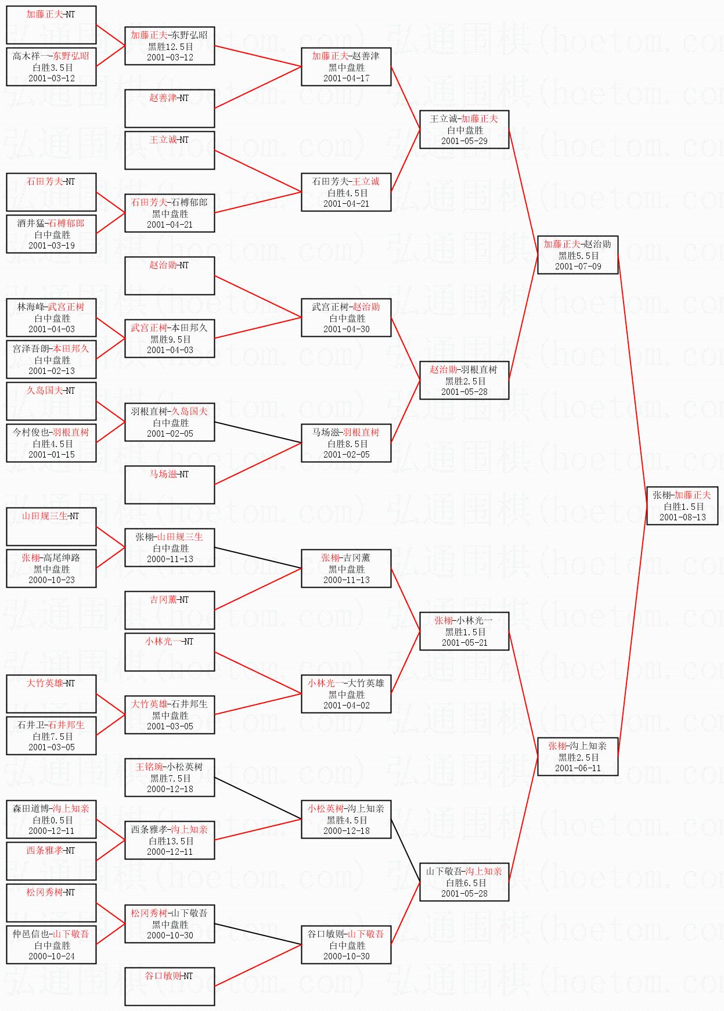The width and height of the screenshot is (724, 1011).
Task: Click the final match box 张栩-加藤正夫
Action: (682, 506)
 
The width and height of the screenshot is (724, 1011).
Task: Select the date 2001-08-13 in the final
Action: (682, 517)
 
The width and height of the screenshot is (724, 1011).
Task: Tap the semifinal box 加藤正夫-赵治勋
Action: (578, 255)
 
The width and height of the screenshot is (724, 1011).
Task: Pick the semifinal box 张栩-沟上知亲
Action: (578, 757)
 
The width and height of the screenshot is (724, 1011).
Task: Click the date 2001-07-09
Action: (578, 267)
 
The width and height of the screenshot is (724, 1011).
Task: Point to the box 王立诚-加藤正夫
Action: (464, 129)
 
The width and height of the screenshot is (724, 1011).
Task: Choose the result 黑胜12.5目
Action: (170, 46)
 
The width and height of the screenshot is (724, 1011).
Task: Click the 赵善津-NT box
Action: (170, 109)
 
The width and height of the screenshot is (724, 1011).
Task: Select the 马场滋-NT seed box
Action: (170, 485)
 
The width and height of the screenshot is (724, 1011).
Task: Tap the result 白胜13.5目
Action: (170, 841)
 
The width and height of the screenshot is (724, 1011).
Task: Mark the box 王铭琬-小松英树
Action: (170, 778)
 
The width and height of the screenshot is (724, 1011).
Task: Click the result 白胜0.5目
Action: (52, 820)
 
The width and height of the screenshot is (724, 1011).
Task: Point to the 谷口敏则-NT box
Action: (170, 987)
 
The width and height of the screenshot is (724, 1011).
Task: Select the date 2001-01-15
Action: (52, 455)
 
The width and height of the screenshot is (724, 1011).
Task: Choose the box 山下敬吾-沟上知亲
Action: (464, 882)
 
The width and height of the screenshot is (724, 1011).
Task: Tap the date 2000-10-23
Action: (52, 580)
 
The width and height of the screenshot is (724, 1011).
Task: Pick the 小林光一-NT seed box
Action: (170, 652)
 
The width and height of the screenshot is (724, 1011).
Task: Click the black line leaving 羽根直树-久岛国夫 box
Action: (258, 433)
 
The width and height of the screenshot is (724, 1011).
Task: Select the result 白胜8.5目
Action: (347, 444)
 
